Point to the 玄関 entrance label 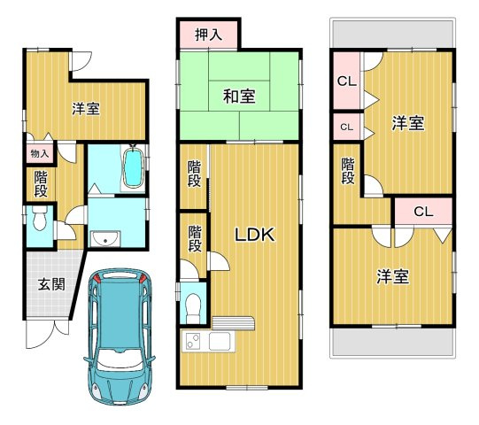click(x=50, y=284)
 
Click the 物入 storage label click(x=40, y=154)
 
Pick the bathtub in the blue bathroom click(x=133, y=167)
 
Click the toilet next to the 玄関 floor click(x=39, y=221)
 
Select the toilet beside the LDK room click(x=193, y=306)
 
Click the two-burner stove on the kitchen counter click(x=193, y=341)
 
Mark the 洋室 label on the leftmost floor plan click(x=85, y=108)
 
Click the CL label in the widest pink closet click(x=422, y=212)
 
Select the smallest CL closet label click(x=346, y=127)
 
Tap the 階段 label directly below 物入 click(x=41, y=184)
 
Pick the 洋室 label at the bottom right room click(x=392, y=276)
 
